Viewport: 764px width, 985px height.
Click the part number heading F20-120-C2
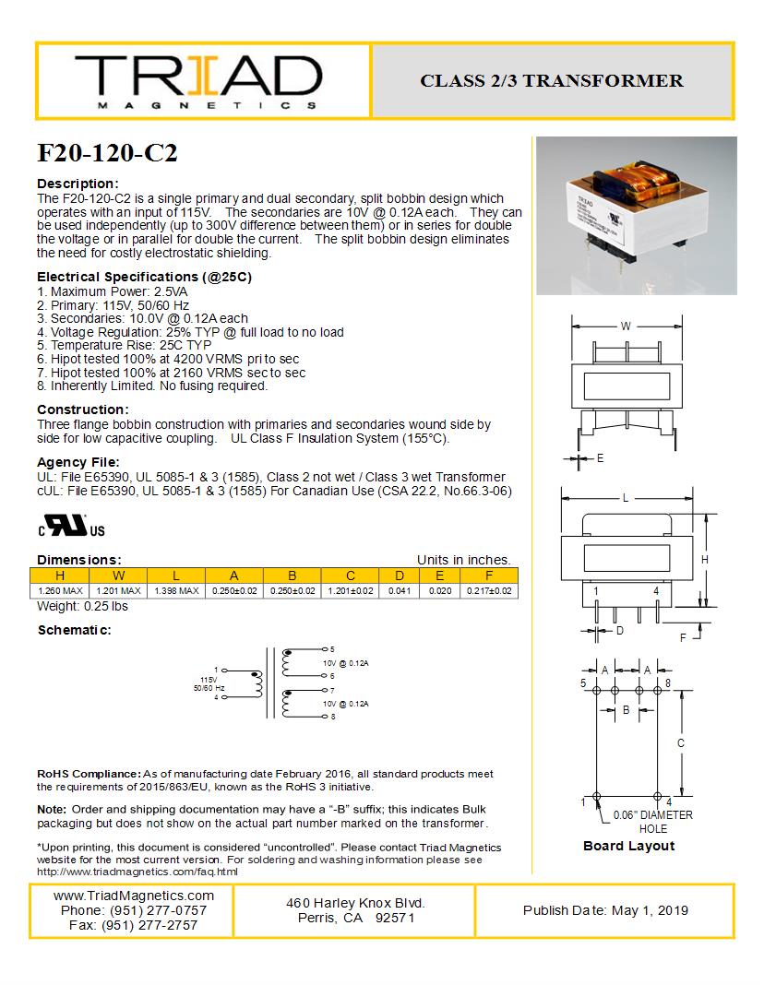[x=107, y=153]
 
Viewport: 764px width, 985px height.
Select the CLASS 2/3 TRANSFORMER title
[x=552, y=81]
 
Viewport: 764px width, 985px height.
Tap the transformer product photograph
[x=636, y=215]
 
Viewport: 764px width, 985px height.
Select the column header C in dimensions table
[x=351, y=576]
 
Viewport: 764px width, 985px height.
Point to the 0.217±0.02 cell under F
[x=489, y=590]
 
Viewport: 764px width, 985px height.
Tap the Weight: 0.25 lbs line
[x=82, y=606]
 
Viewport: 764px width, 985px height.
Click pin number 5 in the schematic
[x=332, y=649]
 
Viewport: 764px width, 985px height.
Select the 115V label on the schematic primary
[x=208, y=679]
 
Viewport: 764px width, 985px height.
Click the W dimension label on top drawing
[x=626, y=326]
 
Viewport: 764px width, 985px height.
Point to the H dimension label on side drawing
[x=704, y=560]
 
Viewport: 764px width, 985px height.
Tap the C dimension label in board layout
[x=680, y=742]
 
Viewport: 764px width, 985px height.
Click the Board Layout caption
[x=628, y=846]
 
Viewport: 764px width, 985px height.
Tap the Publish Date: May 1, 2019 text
[x=605, y=910]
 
